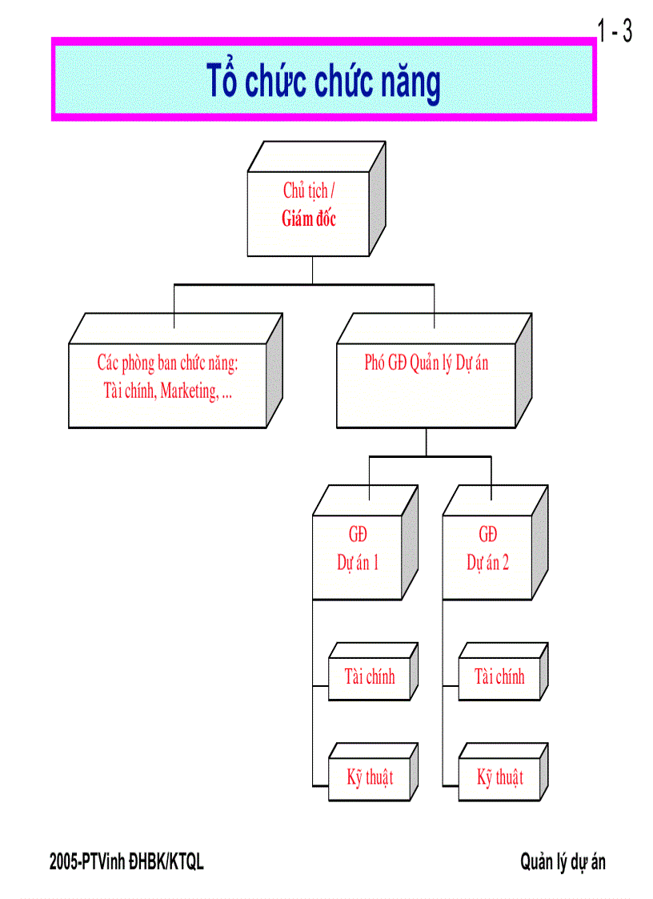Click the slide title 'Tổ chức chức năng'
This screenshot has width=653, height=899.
click(324, 82)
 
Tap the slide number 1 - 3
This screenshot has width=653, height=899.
click(615, 32)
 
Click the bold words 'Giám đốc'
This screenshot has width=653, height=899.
click(309, 219)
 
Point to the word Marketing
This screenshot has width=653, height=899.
click(189, 392)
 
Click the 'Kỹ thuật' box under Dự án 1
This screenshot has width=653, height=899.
click(370, 777)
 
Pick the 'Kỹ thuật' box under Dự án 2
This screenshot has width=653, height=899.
click(500, 777)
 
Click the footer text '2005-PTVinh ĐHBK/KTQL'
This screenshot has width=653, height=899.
click(126, 862)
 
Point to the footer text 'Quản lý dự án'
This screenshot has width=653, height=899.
click(563, 862)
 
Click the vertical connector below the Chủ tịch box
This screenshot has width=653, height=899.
click(313, 271)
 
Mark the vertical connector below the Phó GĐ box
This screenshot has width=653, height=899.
click(426, 443)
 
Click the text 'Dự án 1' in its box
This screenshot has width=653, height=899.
click(358, 563)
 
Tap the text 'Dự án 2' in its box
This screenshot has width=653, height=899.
click(488, 563)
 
